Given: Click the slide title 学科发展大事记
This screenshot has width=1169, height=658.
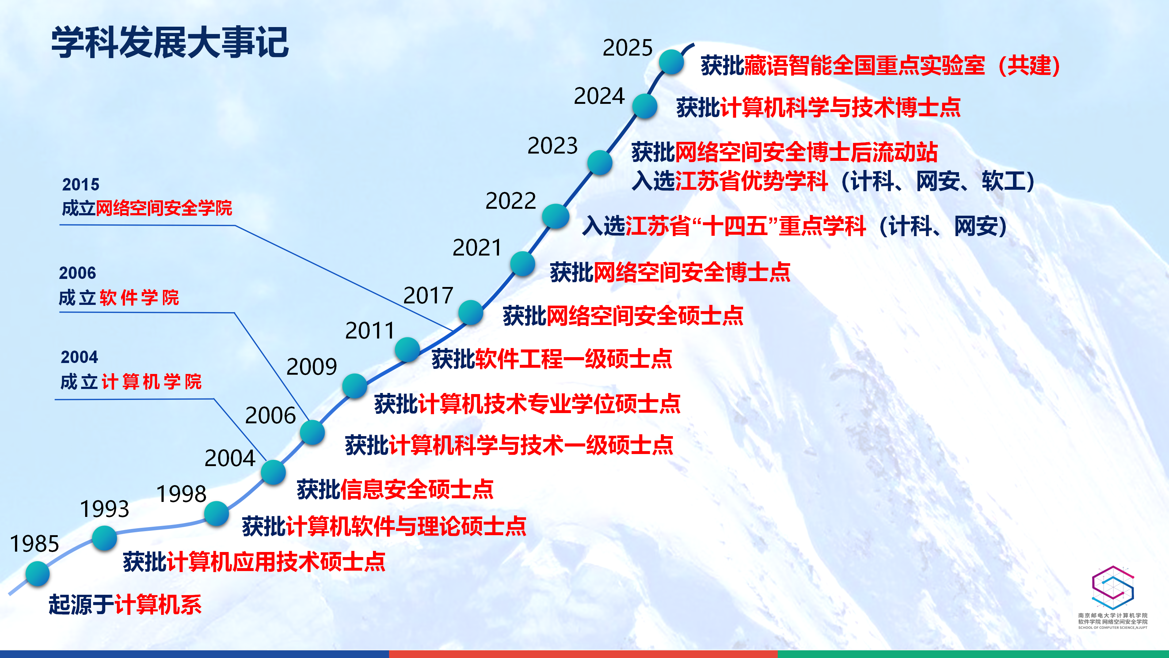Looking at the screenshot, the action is [x=170, y=42].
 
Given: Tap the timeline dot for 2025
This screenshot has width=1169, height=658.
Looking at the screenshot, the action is [x=671, y=62].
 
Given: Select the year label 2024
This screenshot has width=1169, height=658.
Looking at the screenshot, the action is [x=599, y=96].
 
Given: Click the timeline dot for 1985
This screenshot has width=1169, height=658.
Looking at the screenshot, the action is [x=37, y=574].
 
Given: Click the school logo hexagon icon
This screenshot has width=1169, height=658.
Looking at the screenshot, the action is [x=1113, y=587].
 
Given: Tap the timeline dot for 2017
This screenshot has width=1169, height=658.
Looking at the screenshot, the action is [x=471, y=313].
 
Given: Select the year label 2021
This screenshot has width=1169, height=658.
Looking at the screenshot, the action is [x=477, y=248].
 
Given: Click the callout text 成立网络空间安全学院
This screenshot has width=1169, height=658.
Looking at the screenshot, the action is [x=147, y=208].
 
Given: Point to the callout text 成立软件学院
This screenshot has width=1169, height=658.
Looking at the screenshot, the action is [x=119, y=298].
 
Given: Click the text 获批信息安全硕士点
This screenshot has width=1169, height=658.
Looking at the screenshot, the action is [x=395, y=489].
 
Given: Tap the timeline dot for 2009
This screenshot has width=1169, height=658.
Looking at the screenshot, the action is [x=355, y=386].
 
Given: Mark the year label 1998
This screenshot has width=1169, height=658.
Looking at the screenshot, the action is [x=181, y=494].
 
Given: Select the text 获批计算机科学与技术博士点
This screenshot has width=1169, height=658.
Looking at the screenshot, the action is [x=819, y=107].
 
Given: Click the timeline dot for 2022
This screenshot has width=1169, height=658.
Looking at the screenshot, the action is [x=555, y=216].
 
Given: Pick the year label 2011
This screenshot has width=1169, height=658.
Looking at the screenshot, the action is [x=370, y=330].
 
